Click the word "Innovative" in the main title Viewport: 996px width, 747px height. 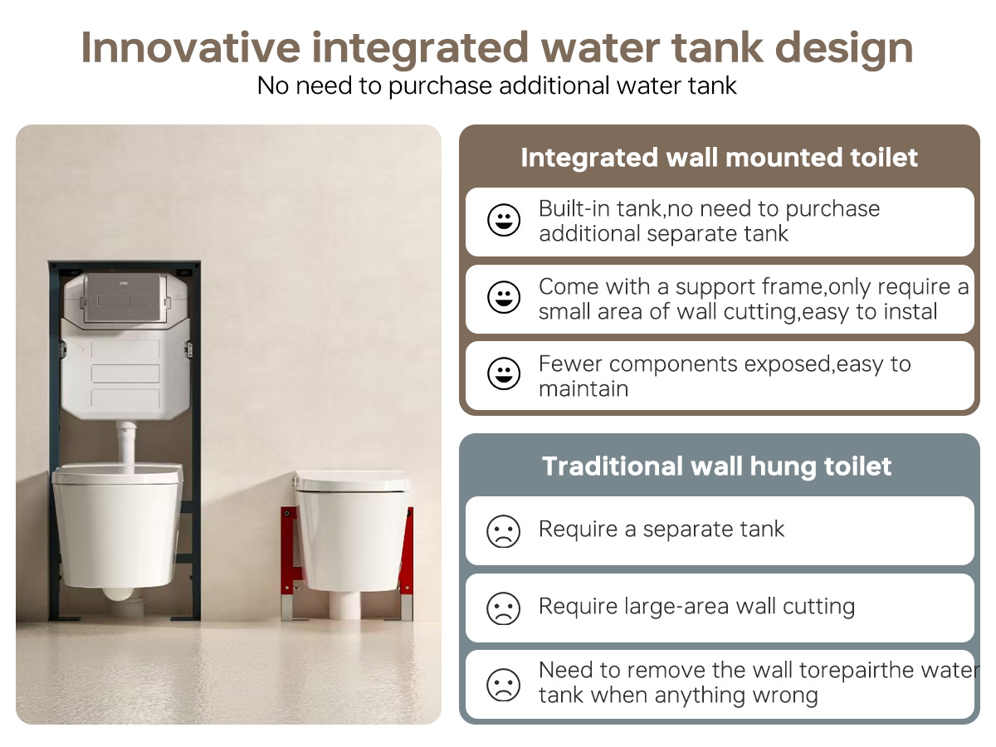point(191,47)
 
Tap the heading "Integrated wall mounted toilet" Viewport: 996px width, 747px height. point(719,158)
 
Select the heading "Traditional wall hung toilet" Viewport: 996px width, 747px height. point(716,466)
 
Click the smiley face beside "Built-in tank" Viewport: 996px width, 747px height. point(503,220)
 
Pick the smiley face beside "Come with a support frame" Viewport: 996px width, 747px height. point(503,297)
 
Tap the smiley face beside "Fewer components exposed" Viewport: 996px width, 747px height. point(503,373)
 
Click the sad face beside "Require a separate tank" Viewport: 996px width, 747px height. point(503,531)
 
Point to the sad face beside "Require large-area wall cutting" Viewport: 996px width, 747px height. point(503,608)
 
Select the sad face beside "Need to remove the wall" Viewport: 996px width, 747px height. point(503,685)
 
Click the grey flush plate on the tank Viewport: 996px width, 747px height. point(124,296)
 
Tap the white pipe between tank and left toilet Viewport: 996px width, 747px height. point(126,447)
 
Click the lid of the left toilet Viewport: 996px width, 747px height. point(117,473)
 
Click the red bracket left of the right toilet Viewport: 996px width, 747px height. point(290,563)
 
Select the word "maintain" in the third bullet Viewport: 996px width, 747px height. point(583,388)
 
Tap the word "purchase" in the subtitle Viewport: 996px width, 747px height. point(440,86)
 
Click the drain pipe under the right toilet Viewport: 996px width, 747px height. point(344,605)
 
